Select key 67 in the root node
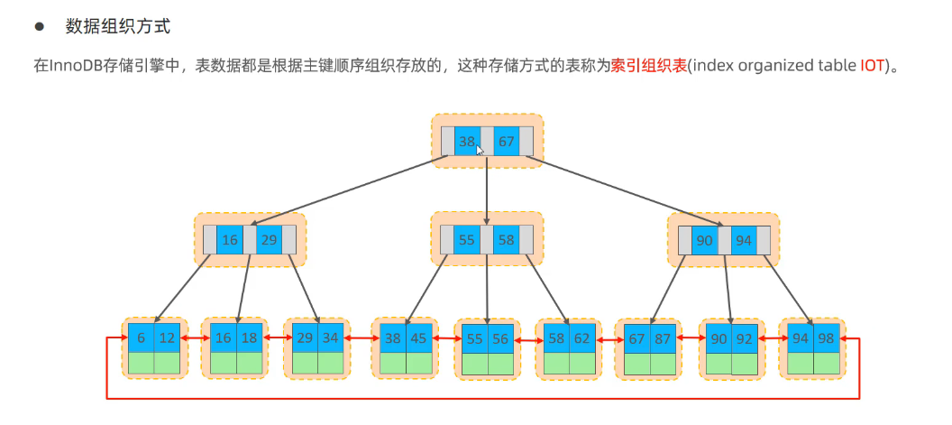click(507, 141)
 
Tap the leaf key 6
click(142, 337)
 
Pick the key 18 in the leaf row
click(250, 337)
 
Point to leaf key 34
click(331, 337)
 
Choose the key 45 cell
click(419, 337)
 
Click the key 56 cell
click(501, 339)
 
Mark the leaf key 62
click(582, 337)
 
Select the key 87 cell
click(663, 337)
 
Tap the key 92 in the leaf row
click(745, 339)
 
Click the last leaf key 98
click(827, 337)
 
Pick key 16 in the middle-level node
click(230, 240)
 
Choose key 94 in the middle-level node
click(744, 240)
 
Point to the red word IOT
click(872, 66)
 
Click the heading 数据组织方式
click(118, 26)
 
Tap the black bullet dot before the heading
click(40, 26)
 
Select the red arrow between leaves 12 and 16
click(191, 337)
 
